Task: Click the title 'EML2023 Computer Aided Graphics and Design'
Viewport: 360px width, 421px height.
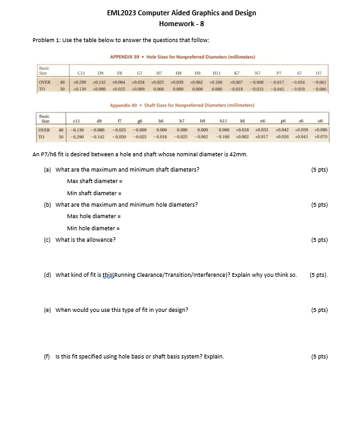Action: coord(182,13)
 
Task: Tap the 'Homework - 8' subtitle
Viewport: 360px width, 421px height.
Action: coord(182,24)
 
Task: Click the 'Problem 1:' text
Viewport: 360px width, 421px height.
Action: coord(47,40)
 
